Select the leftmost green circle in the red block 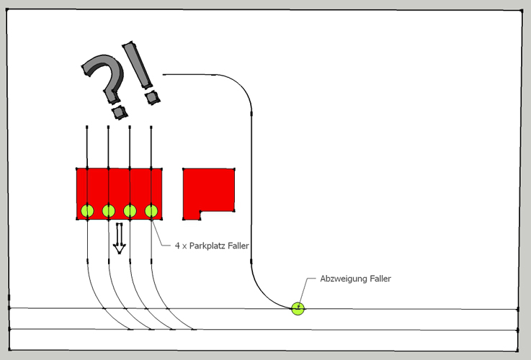[87, 211]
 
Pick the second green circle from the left [109, 211]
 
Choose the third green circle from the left [130, 211]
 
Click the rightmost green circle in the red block [151, 211]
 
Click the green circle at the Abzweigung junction [298, 309]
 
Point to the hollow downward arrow [120, 238]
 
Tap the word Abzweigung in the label [343, 279]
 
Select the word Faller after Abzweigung [380, 279]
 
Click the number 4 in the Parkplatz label [177, 246]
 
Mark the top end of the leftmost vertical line [87, 126]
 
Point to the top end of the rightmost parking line [151, 126]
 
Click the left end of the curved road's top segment [164, 74]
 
